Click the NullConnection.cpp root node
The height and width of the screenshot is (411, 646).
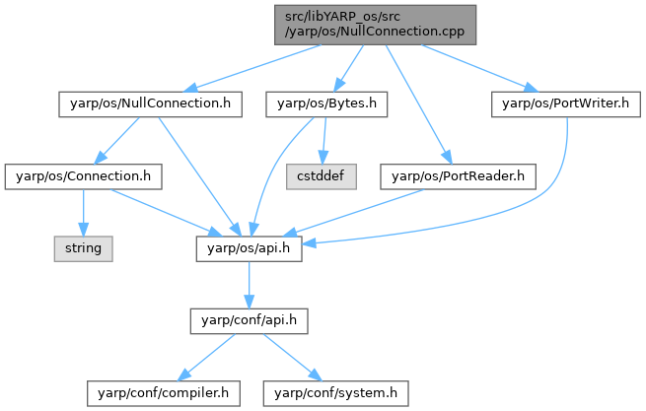click(x=375, y=24)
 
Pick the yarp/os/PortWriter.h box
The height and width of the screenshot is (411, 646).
click(x=559, y=103)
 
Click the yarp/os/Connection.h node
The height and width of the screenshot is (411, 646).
click(x=84, y=175)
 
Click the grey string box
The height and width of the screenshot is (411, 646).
click(x=84, y=247)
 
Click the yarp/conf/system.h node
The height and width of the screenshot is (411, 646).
click(x=334, y=392)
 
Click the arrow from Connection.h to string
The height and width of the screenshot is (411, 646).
click(x=84, y=211)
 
